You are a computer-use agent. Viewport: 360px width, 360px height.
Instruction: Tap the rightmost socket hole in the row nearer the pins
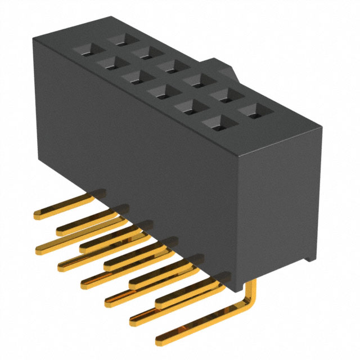217,121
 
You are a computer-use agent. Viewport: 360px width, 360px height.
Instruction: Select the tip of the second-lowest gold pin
133,321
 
